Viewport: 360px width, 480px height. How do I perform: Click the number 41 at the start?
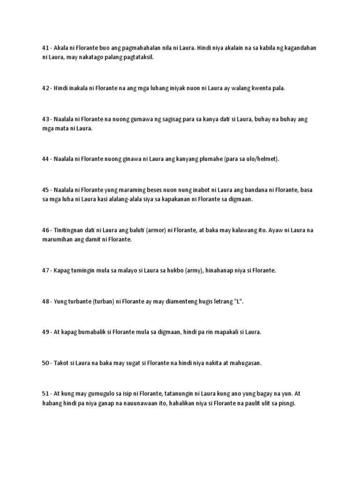click(x=45, y=48)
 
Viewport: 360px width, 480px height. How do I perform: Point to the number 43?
click(x=45, y=120)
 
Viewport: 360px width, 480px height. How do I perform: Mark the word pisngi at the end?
click(x=284, y=403)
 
